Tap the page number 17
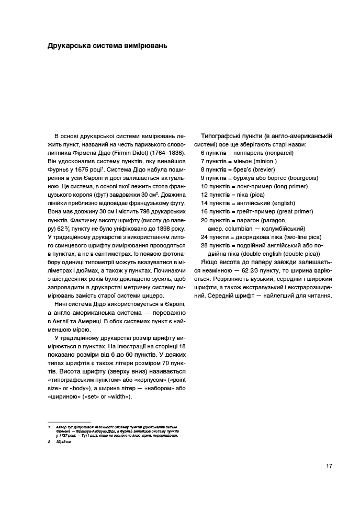pyautogui.click(x=329, y=467)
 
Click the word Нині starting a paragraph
pyautogui.click(x=60, y=304)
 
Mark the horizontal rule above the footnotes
pyautogui.click(x=69, y=422)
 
